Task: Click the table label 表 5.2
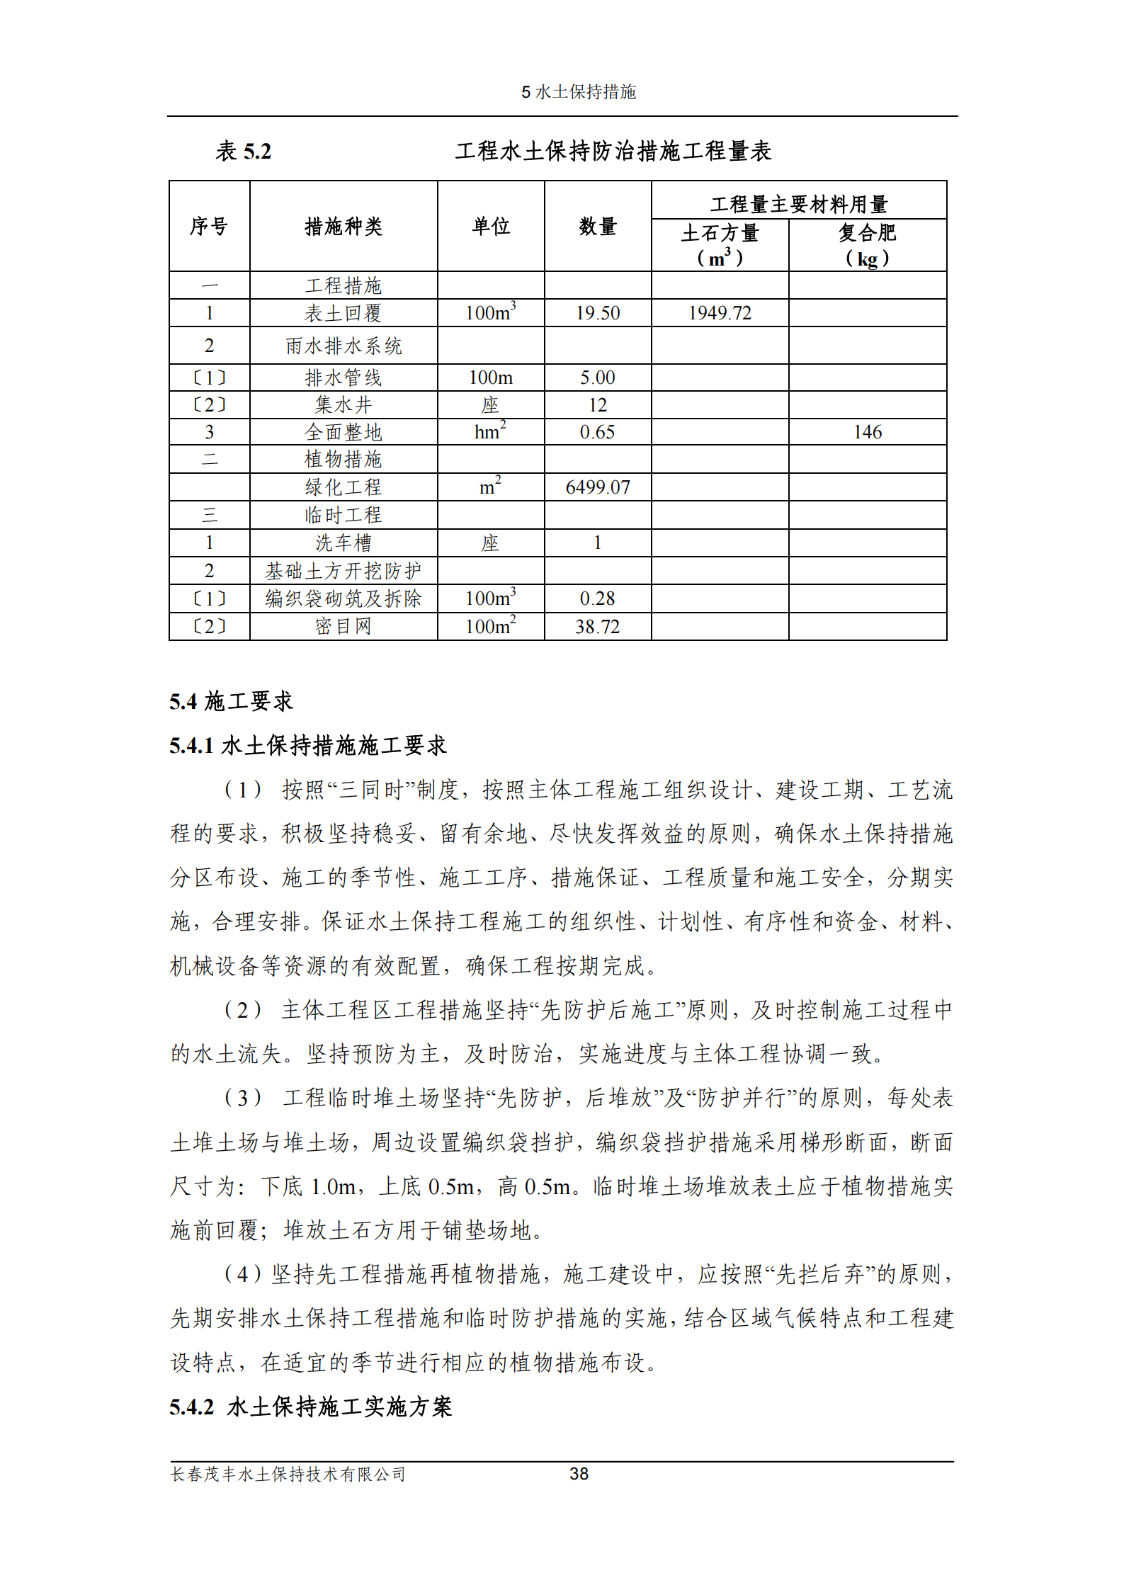pyautogui.click(x=243, y=151)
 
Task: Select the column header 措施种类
pyautogui.click(x=344, y=227)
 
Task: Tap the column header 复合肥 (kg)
pyautogui.click(x=867, y=245)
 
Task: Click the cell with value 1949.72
pyautogui.click(x=720, y=313)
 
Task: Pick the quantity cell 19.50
pyautogui.click(x=597, y=313)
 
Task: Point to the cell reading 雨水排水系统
pyautogui.click(x=344, y=346)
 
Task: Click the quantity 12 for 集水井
pyautogui.click(x=597, y=405)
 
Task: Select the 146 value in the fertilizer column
pyautogui.click(x=867, y=432)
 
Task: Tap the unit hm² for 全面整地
pyautogui.click(x=490, y=432)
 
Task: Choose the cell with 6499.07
pyautogui.click(x=597, y=487)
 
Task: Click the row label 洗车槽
pyautogui.click(x=344, y=543)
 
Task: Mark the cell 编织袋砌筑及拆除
pyautogui.click(x=344, y=598)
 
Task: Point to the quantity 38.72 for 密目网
pyautogui.click(x=597, y=627)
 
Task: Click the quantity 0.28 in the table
pyautogui.click(x=597, y=598)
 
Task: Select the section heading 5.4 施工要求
pyautogui.click(x=231, y=701)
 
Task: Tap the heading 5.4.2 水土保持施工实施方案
pyautogui.click(x=310, y=1407)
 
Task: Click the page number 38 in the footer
pyautogui.click(x=579, y=1474)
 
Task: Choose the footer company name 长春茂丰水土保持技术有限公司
pyautogui.click(x=288, y=1475)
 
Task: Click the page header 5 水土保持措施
pyautogui.click(x=579, y=92)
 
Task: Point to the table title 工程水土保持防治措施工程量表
pyautogui.click(x=613, y=151)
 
